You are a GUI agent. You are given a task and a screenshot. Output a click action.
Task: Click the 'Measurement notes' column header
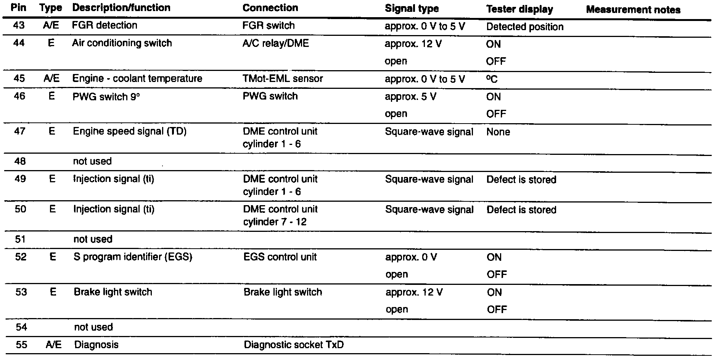click(x=633, y=10)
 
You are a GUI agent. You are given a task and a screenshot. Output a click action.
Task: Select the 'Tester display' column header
click(x=519, y=10)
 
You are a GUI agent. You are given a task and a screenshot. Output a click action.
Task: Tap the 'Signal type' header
click(x=412, y=9)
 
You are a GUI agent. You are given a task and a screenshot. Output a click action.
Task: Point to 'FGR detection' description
click(x=105, y=25)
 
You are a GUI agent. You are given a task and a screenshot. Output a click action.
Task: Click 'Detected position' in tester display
click(x=525, y=27)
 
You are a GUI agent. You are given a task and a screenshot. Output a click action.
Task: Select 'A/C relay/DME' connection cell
click(x=275, y=43)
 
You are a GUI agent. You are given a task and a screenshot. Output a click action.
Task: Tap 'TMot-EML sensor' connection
click(x=283, y=79)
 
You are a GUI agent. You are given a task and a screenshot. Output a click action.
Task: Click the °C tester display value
click(x=492, y=79)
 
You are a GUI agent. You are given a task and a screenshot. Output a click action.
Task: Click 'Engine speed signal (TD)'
click(x=130, y=132)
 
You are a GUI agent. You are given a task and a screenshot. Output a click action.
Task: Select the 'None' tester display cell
click(x=498, y=132)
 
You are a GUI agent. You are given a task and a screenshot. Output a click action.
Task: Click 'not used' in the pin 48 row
click(x=92, y=161)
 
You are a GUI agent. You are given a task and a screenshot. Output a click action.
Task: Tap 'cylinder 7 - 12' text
click(x=275, y=222)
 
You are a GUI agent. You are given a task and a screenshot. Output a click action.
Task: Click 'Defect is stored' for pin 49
click(x=521, y=180)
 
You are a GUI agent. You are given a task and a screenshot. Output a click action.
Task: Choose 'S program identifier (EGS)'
click(x=133, y=257)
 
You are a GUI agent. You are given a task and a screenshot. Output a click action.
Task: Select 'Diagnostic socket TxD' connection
click(x=293, y=345)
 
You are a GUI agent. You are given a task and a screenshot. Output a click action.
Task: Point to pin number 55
click(x=21, y=345)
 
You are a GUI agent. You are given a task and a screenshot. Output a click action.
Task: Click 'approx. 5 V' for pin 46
click(x=410, y=97)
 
